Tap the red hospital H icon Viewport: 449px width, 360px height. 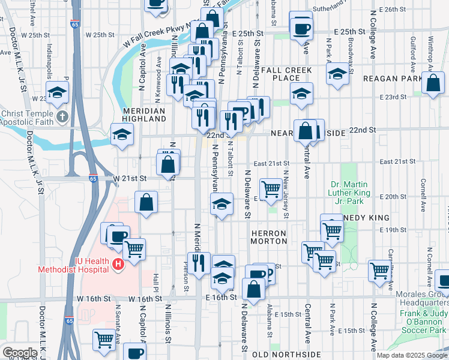(118, 263)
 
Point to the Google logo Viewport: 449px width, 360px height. (20, 353)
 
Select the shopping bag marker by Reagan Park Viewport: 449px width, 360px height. (433, 83)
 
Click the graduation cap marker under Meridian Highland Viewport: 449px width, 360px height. (122, 134)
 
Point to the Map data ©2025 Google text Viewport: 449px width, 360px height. (412, 355)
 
